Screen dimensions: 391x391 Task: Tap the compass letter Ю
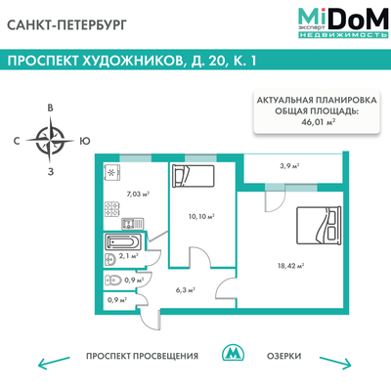(85, 140)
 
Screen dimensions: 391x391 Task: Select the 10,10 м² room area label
(199, 216)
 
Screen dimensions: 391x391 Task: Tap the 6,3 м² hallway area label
(186, 289)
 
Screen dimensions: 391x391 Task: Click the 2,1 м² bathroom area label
(127, 255)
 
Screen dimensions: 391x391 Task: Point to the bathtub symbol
(123, 239)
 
